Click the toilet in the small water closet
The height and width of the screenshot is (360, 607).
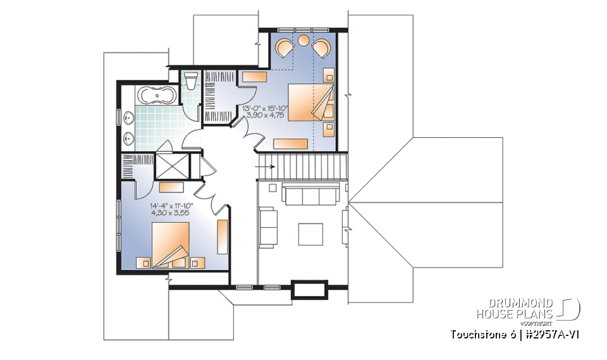tap(190, 81)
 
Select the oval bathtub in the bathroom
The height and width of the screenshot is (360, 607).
tap(155, 97)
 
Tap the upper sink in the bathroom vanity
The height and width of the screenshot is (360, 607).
tap(129, 118)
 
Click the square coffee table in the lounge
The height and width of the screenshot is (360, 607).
tap(310, 233)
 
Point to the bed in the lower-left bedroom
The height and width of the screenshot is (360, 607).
tap(169, 247)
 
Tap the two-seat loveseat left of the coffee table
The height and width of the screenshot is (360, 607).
tap(268, 226)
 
